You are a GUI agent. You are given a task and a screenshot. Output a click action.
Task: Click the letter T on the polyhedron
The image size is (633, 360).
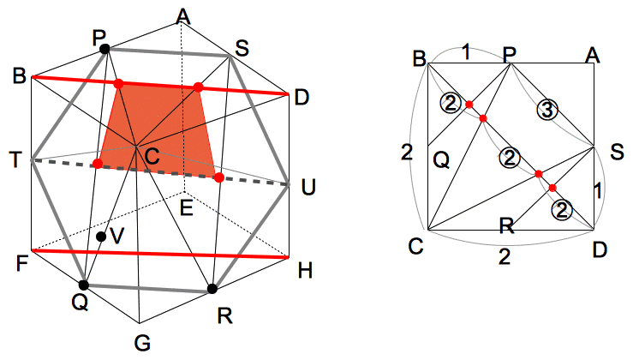pyautogui.click(x=15, y=160)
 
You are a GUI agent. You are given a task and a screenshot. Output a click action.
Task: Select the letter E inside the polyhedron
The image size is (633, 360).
pyautogui.click(x=185, y=206)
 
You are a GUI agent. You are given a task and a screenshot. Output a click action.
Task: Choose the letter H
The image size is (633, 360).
pyautogui.click(x=305, y=272)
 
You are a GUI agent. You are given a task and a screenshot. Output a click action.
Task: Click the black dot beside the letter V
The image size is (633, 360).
pyautogui.click(x=101, y=237)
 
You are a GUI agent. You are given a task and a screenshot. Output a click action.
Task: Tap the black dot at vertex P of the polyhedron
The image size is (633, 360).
pyautogui.click(x=105, y=50)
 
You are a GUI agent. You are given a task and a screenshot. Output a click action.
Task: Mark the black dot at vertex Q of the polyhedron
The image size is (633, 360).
pyautogui.click(x=83, y=285)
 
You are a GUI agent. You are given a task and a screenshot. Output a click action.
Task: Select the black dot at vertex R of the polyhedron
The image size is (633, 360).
pyautogui.click(x=212, y=289)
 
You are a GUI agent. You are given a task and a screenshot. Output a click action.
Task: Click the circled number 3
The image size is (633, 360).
pyautogui.click(x=547, y=109)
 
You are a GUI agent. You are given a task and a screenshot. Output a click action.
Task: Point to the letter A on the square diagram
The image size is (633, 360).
pyautogui.click(x=591, y=56)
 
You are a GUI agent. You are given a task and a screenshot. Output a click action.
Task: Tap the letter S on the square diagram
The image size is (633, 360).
pyautogui.click(x=616, y=152)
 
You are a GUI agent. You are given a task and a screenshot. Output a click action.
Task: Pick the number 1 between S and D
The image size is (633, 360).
pyautogui.click(x=599, y=192)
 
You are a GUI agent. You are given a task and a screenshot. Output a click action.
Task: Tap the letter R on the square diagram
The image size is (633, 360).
pyautogui.click(x=506, y=226)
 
